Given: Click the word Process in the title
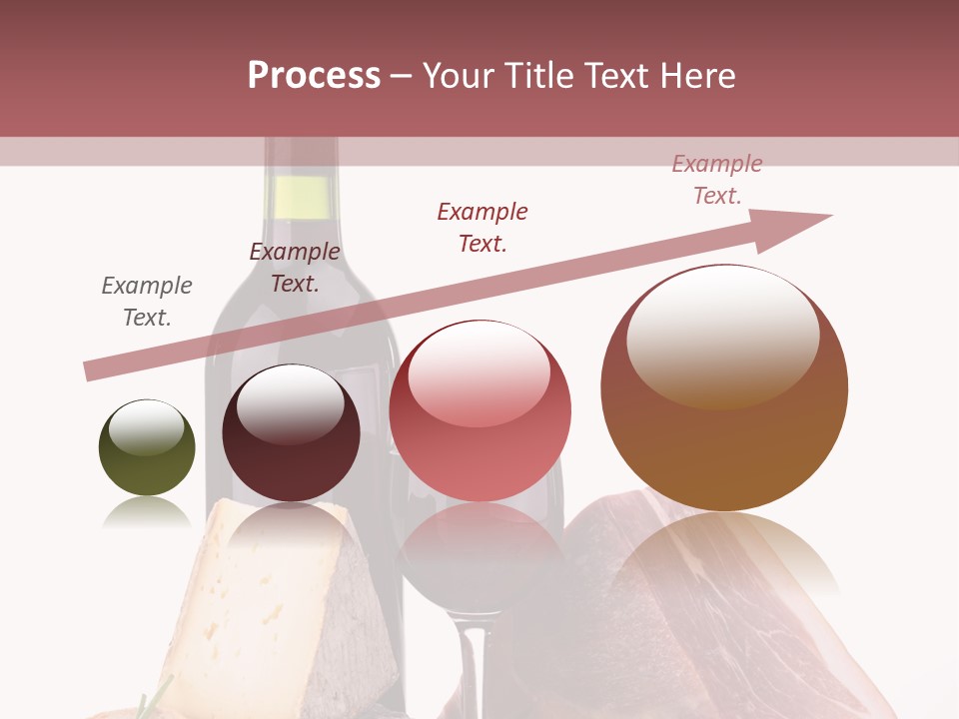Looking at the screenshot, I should coord(314,76).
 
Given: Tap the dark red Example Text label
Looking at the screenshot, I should coord(482,228).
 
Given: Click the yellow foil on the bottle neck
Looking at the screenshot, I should coord(299,197).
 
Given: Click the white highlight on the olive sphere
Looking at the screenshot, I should coord(146,427).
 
